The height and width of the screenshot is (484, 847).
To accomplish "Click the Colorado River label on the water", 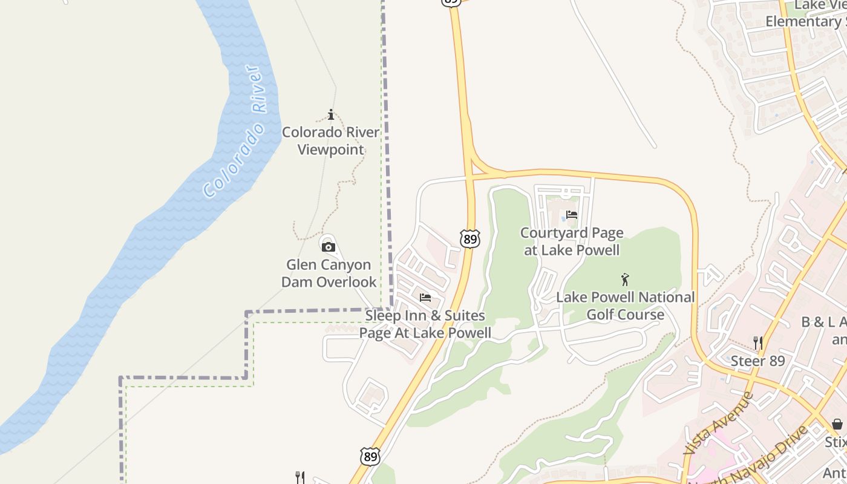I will [235, 132].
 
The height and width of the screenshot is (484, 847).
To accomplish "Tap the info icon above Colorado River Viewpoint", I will [331, 114].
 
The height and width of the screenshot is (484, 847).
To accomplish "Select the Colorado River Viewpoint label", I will [331, 140].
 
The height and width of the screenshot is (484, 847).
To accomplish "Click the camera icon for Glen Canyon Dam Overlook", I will [329, 247].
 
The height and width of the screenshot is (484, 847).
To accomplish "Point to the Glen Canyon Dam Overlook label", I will [329, 273].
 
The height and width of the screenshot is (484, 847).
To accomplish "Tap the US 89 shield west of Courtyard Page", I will [469, 238].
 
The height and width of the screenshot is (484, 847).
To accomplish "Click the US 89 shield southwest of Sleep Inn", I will [370, 457].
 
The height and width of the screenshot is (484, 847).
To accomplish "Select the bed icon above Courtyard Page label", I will [571, 214].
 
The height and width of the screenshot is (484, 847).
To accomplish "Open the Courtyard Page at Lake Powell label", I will [572, 241].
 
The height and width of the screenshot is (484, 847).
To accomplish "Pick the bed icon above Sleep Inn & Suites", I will [425, 298].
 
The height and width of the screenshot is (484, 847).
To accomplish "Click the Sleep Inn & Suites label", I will [425, 324].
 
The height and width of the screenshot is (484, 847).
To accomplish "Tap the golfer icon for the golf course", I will [625, 280].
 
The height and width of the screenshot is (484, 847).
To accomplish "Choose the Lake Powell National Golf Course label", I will [625, 306].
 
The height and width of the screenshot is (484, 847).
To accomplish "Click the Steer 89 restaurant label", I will [757, 361].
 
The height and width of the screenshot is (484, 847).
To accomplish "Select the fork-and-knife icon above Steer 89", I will [757, 342].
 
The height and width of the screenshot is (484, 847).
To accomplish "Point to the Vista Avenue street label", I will [718, 423].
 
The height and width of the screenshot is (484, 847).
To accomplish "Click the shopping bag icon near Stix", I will [837, 424].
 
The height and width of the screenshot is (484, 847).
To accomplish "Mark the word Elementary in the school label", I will [802, 21].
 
